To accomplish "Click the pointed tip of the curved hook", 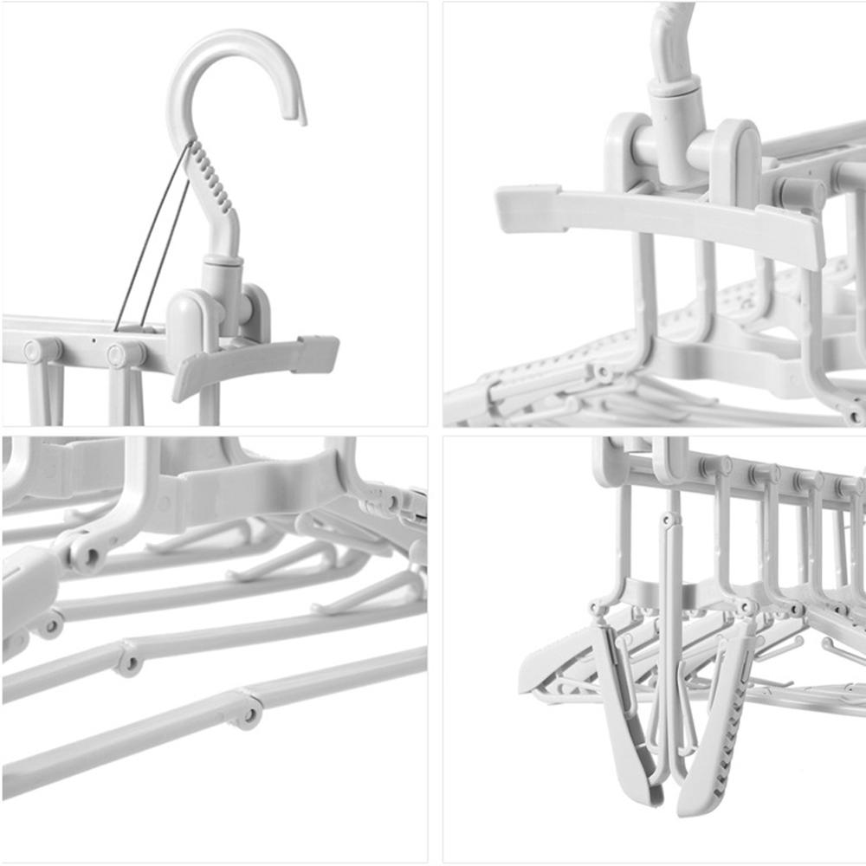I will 302,120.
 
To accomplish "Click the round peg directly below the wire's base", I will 126,353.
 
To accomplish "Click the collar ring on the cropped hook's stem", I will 675,85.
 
